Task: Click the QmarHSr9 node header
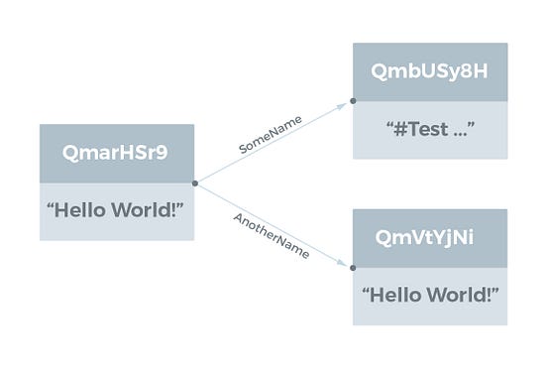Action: tap(117, 153)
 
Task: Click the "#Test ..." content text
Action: tap(430, 130)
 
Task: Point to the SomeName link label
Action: tap(271, 134)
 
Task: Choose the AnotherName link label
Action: tap(271, 234)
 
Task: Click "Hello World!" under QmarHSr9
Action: tap(117, 210)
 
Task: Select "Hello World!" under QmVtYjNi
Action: tap(430, 296)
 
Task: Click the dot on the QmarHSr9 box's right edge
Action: tap(195, 183)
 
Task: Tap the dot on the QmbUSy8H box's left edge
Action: tap(353, 101)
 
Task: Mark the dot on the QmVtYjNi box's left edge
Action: tap(353, 266)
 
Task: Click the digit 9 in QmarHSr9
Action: tap(164, 153)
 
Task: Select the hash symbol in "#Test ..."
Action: tap(394, 130)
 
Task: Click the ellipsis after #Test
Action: tap(460, 132)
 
